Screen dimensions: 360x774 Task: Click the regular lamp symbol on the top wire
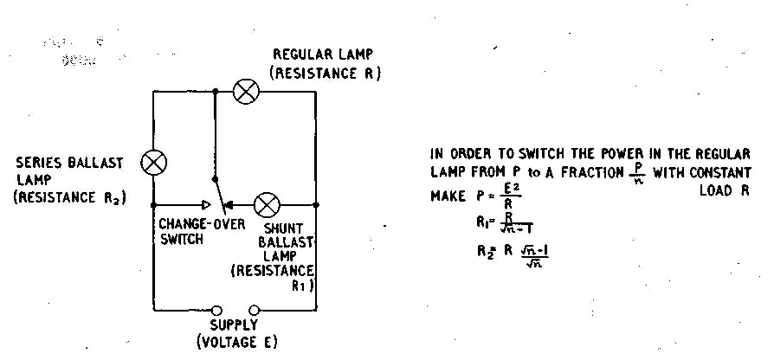(x=246, y=92)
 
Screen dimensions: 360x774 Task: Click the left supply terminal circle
(x=217, y=310)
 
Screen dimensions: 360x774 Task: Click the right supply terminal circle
(x=255, y=310)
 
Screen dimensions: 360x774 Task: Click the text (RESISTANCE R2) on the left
(x=69, y=198)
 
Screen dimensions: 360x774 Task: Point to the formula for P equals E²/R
(x=498, y=196)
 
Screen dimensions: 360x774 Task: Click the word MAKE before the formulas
(x=448, y=196)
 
